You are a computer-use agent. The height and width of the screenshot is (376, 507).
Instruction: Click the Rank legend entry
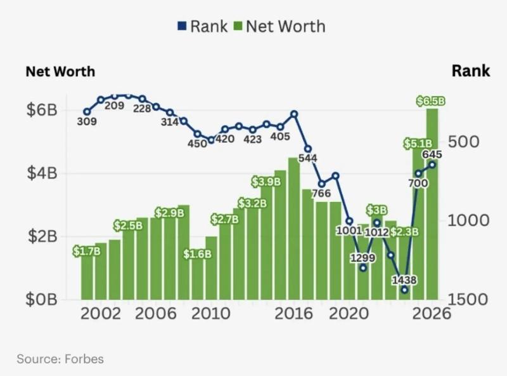tap(203, 26)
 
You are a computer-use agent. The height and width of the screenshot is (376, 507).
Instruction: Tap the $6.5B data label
tap(431, 101)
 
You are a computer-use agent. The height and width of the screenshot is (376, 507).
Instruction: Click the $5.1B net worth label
tap(418, 144)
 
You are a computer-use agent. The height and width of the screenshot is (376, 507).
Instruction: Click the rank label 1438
tap(404, 279)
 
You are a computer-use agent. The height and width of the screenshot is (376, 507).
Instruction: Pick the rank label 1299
tap(363, 258)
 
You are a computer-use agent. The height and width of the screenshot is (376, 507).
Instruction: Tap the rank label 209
tap(114, 105)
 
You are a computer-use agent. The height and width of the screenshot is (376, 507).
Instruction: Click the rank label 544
tap(307, 158)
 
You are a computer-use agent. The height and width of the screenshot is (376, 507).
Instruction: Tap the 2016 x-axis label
tap(293, 314)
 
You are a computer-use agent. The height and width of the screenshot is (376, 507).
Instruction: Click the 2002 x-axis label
tap(101, 314)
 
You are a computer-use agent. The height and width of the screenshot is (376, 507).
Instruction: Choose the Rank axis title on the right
tap(470, 70)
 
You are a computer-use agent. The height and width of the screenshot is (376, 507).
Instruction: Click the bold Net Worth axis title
tap(60, 71)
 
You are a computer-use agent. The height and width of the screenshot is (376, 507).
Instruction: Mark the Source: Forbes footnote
tap(60, 359)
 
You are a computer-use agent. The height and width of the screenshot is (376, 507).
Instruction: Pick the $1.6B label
tap(197, 254)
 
